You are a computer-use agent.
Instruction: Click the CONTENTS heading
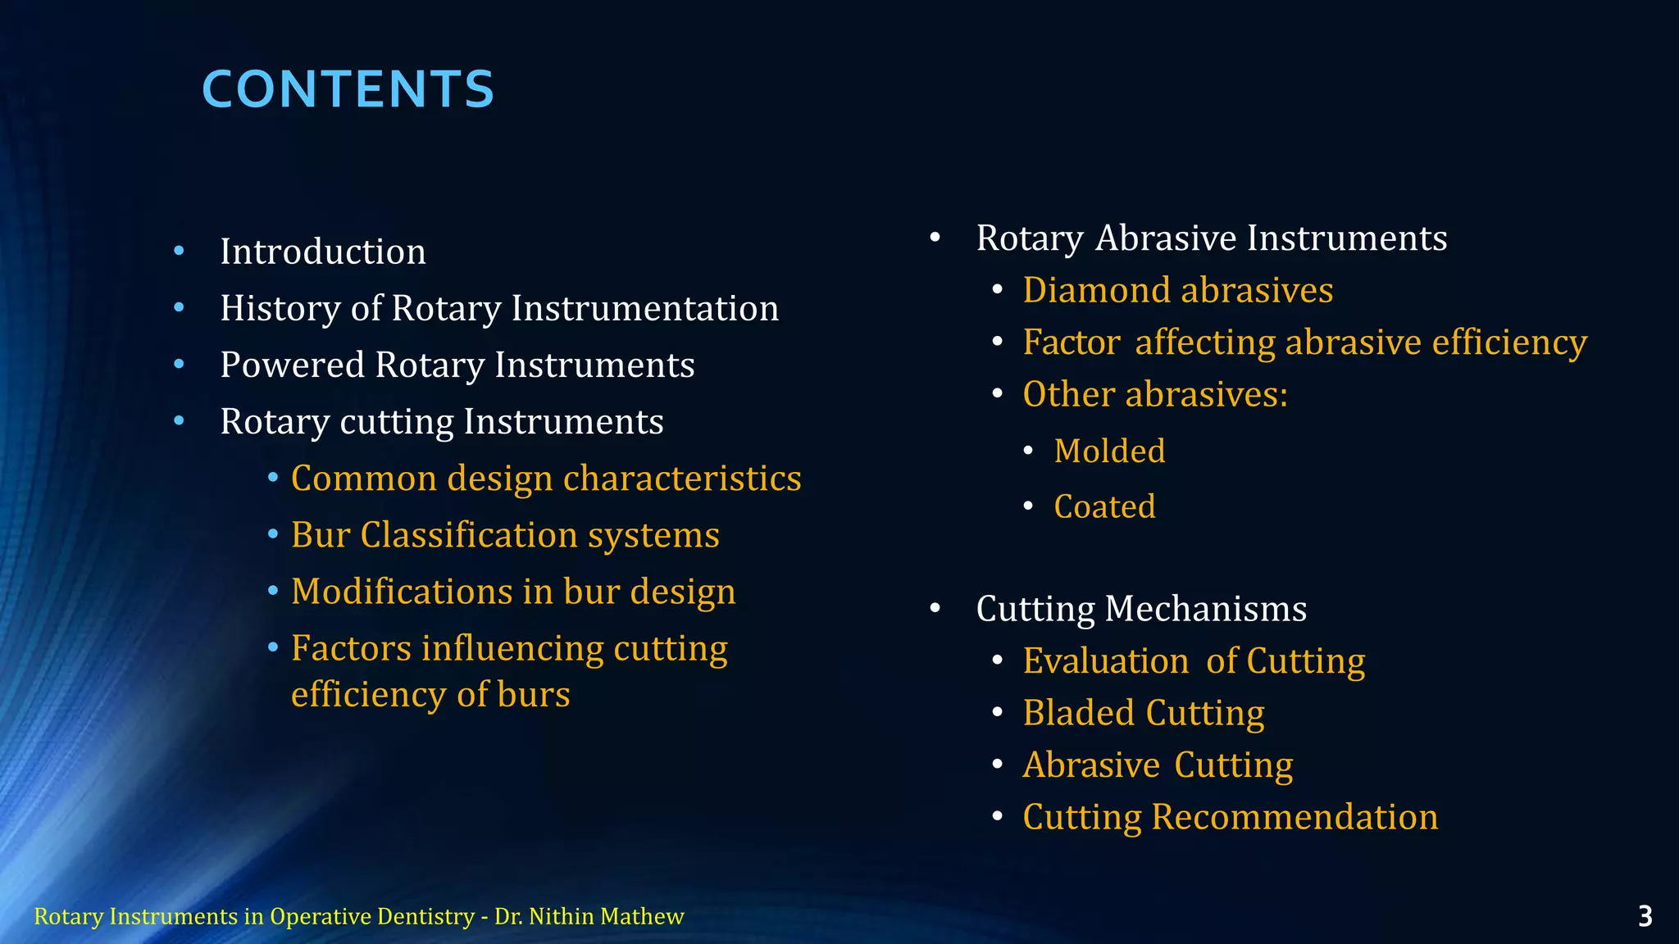(348, 88)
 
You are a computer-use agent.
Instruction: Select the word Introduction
(323, 252)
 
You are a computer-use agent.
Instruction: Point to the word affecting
(1204, 342)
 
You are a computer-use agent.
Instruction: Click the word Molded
(1109, 451)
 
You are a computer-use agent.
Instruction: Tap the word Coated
(1104, 506)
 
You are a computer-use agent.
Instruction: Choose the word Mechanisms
(1205, 609)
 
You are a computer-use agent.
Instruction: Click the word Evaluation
(1105, 660)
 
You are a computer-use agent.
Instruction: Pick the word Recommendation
(1295, 817)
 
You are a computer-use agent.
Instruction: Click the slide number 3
(1645, 916)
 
